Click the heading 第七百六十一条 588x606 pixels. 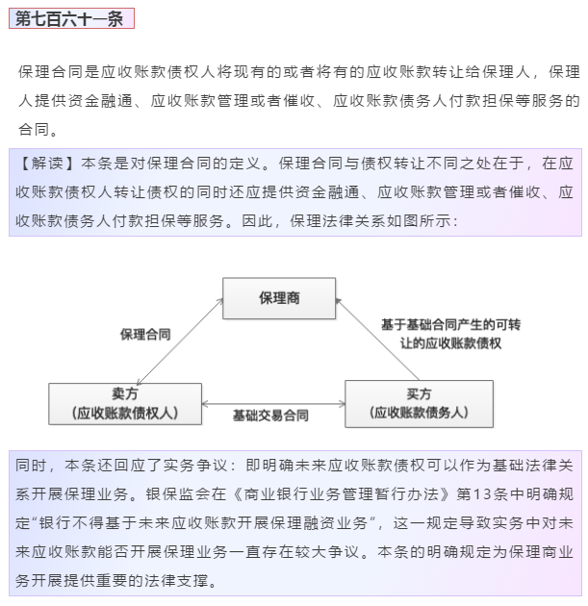click(69, 18)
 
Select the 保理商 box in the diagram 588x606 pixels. click(279, 298)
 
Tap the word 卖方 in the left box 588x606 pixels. click(125, 393)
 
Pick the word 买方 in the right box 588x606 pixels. click(419, 393)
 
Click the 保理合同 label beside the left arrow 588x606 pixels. click(145, 335)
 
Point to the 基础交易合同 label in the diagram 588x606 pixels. click(270, 416)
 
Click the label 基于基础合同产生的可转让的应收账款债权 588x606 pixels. click(450, 334)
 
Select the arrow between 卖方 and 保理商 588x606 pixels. click(180, 341)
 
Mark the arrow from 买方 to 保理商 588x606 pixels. click(377, 339)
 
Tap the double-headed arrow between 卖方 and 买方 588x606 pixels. click(273, 404)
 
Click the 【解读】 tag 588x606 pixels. click(47, 164)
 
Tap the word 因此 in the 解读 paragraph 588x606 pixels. click(258, 221)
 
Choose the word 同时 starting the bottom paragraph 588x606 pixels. click(31, 465)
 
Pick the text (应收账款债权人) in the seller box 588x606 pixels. click(125, 413)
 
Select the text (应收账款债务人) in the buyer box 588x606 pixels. click(419, 413)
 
